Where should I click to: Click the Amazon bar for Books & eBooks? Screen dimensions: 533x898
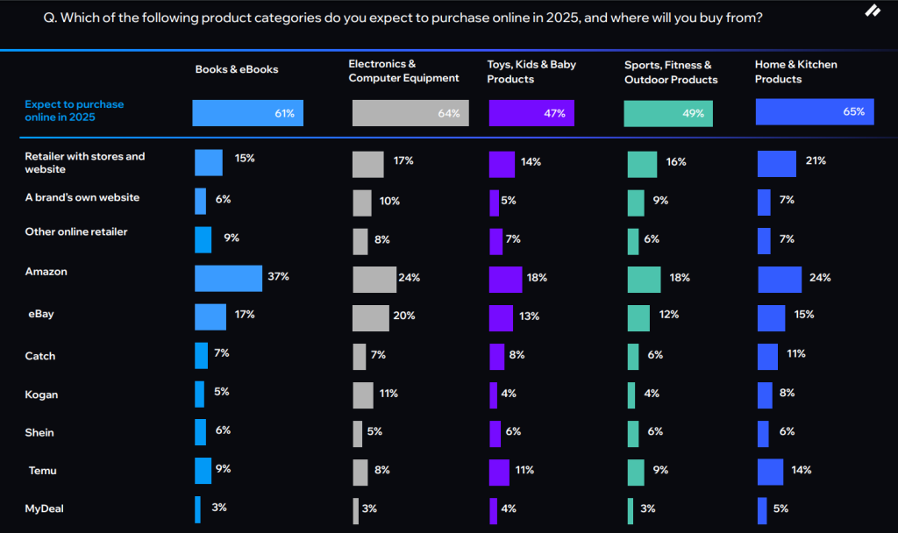pos(228,278)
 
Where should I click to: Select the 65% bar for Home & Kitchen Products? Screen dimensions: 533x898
pos(815,112)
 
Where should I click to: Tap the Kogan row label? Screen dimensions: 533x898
pos(41,394)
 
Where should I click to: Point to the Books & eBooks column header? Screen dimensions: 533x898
pos(237,69)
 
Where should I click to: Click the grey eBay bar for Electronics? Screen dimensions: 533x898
pos(370,317)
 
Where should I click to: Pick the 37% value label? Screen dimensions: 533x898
pos(279,277)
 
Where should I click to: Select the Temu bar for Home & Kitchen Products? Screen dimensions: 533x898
pos(770,471)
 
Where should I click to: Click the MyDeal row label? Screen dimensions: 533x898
pos(45,508)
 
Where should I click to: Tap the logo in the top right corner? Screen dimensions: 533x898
pos(873,11)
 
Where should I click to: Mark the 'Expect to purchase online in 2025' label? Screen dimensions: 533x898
pos(75,110)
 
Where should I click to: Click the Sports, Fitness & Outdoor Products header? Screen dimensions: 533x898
pos(671,72)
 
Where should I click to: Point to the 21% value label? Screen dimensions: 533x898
pos(816,161)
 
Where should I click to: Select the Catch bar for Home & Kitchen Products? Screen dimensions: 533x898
pos(767,356)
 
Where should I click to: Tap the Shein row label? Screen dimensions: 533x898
pos(39,432)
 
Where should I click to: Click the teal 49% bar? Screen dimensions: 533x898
pos(668,114)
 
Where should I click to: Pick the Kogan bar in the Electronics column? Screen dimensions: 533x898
pos(363,394)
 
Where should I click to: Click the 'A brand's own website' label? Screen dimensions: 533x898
pos(82,197)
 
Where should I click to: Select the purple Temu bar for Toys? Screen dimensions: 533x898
pos(499,471)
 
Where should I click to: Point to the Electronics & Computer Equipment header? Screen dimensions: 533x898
pos(403,71)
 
